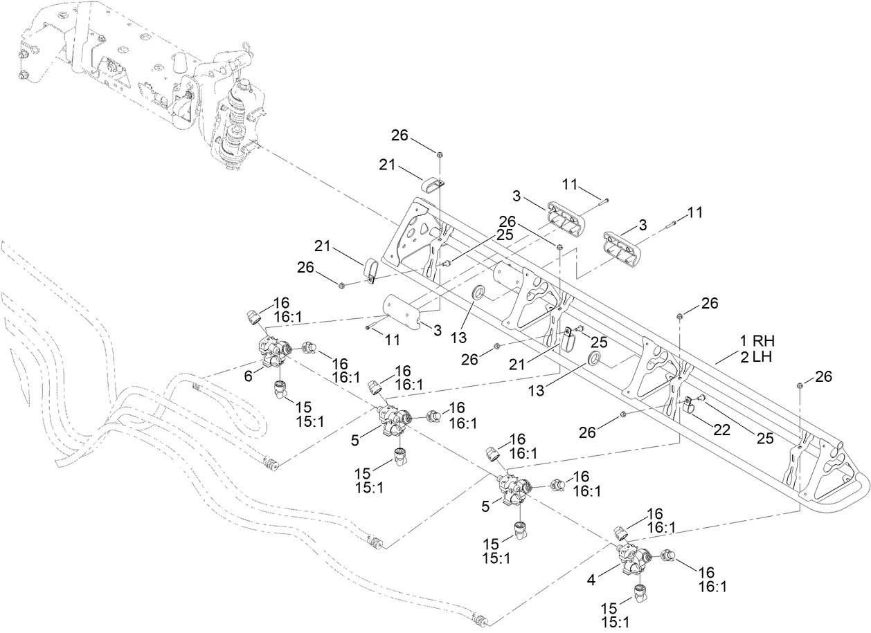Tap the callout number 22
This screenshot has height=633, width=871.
[722, 430]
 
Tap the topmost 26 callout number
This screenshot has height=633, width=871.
[399, 136]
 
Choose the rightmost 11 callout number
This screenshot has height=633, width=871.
[694, 213]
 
